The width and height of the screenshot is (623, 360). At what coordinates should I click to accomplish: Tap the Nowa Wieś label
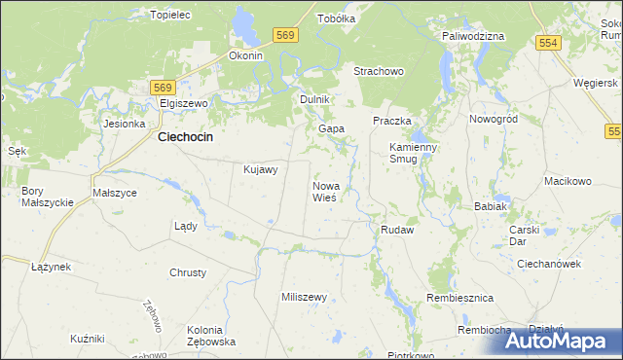click(325, 191)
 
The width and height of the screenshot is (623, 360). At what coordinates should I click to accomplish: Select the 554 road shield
click(549, 43)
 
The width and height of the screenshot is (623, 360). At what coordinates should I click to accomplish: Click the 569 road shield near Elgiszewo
click(164, 87)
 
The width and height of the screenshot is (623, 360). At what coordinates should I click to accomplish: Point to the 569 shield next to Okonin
click(284, 36)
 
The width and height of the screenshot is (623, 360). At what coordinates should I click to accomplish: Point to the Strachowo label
click(378, 72)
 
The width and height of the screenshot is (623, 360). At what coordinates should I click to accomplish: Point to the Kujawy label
click(260, 169)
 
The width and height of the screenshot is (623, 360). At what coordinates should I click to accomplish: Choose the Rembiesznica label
click(460, 297)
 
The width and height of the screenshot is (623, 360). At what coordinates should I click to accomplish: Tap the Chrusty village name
click(189, 272)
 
